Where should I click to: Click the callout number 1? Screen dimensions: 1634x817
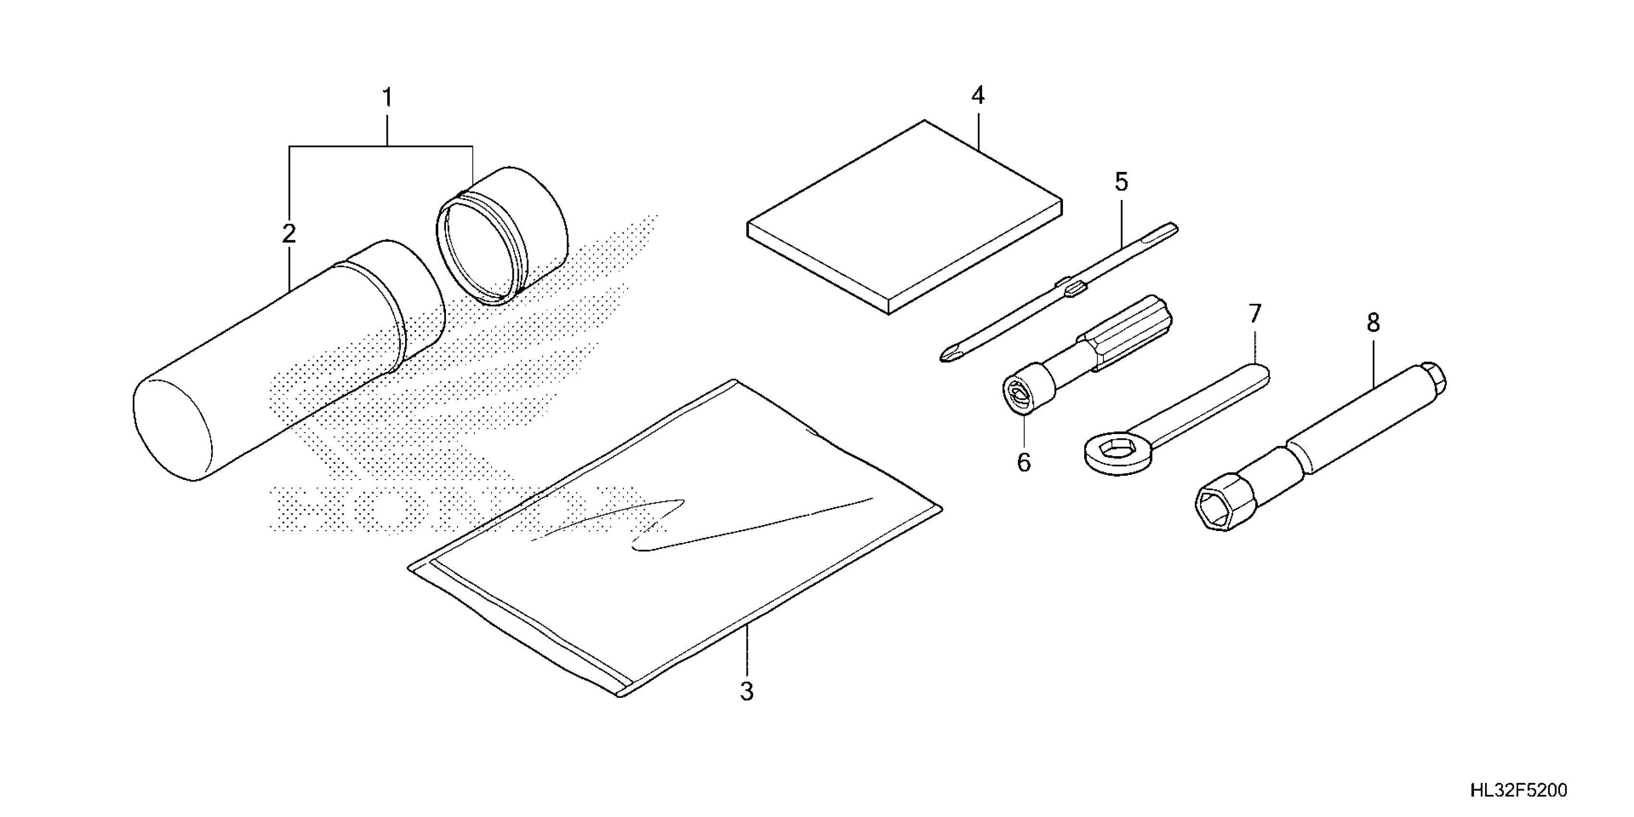tap(387, 99)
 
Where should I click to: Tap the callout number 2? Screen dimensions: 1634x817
tap(289, 234)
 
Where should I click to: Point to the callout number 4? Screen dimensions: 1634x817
tap(978, 96)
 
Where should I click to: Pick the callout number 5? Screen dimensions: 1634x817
tap(1122, 183)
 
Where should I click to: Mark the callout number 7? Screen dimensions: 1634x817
tap(1255, 314)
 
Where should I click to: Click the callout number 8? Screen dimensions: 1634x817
tap(1373, 323)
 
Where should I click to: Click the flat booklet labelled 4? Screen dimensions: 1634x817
tap(904, 216)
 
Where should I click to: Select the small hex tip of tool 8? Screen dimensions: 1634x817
tap(1432, 377)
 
